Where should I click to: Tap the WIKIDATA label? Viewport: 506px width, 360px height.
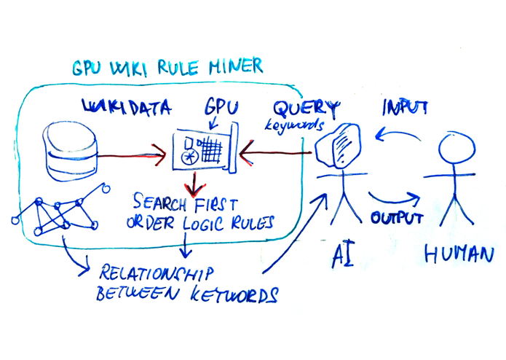127,109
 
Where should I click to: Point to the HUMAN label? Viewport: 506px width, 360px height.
459,254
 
